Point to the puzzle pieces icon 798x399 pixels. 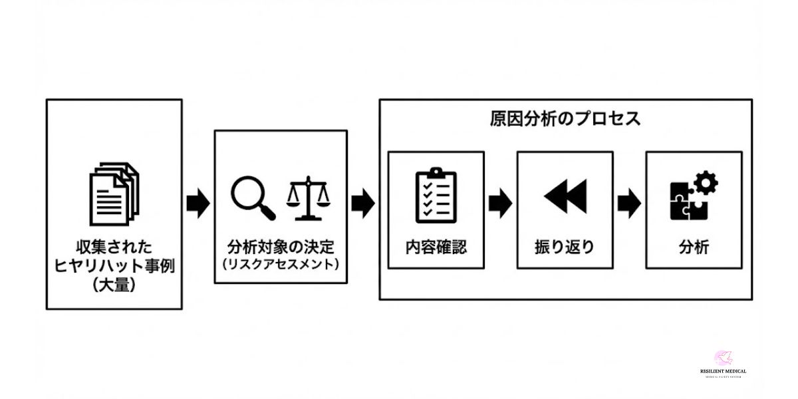tap(689, 202)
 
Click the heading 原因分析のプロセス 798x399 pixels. tap(565, 119)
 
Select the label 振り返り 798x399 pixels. tap(565, 247)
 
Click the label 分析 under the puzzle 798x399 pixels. tap(694, 247)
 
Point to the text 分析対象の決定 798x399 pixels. tap(280, 247)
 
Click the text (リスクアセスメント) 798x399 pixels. tap(280, 264)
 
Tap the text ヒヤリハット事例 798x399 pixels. tap(114, 267)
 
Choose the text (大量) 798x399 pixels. tap(114, 287)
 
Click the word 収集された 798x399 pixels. tap(114, 248)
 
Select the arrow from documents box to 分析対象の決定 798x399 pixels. tap(198, 203)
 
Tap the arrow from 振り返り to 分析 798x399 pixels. tap(629, 203)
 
